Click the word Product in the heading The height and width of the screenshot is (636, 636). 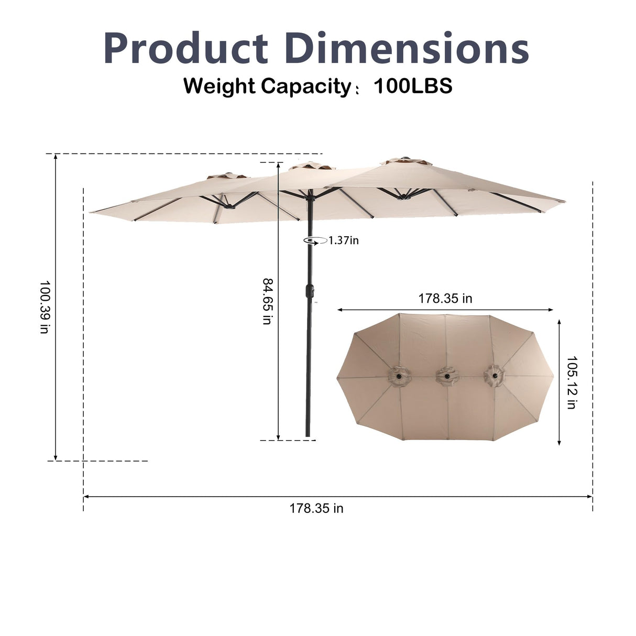pyautogui.click(x=186, y=48)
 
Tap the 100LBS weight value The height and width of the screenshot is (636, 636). pyautogui.click(x=413, y=86)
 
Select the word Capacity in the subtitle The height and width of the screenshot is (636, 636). pyautogui.click(x=306, y=87)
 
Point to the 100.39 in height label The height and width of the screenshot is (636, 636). pyautogui.click(x=45, y=307)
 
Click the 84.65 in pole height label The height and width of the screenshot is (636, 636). pyautogui.click(x=268, y=301)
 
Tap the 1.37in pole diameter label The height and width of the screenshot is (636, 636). pyautogui.click(x=344, y=240)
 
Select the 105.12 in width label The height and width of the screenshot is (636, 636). pyautogui.click(x=572, y=382)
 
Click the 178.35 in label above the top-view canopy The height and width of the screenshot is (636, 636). pyautogui.click(x=445, y=299)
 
